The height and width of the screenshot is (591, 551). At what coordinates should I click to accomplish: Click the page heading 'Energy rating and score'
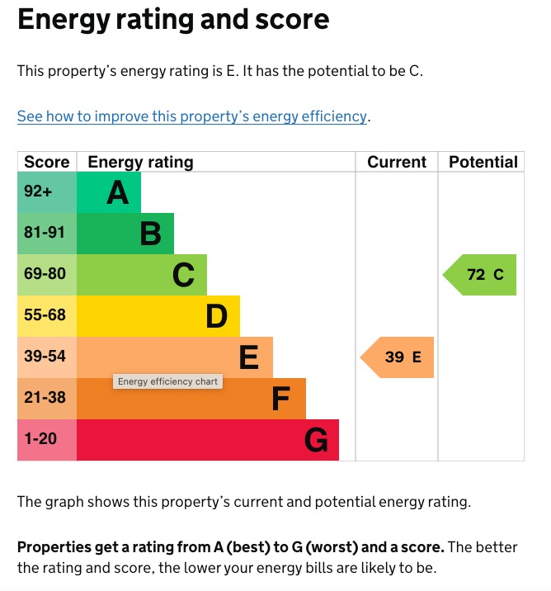click(173, 20)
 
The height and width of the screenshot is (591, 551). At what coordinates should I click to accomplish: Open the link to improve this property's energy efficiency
click(191, 116)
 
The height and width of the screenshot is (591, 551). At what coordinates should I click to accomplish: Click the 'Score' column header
click(47, 162)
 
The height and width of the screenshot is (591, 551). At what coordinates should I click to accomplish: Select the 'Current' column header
click(397, 162)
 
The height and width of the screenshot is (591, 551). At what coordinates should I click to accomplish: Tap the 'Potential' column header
click(483, 162)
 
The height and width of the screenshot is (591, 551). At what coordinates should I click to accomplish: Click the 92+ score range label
click(38, 191)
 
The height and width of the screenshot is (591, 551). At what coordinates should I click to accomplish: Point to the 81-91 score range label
click(44, 233)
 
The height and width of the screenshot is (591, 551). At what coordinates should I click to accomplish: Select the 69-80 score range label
click(45, 274)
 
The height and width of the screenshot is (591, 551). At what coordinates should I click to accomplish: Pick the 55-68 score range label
click(45, 315)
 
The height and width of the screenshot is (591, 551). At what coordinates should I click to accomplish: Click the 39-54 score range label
click(45, 357)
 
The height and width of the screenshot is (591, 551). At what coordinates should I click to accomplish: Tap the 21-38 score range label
click(45, 398)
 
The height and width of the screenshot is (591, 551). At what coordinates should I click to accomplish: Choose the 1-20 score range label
click(40, 439)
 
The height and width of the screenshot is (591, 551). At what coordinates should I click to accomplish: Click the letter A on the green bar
click(118, 193)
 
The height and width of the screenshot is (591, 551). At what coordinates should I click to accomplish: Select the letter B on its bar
click(150, 234)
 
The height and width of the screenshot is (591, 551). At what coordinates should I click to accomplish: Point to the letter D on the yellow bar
click(216, 316)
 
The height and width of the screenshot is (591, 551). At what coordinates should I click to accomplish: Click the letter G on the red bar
click(316, 441)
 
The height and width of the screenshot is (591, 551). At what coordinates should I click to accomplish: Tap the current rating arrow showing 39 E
click(398, 357)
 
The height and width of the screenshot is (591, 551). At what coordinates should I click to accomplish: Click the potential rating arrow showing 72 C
click(481, 275)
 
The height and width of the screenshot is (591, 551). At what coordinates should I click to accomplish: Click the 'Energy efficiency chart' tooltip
click(167, 381)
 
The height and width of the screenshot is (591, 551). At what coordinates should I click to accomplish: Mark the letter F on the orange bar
click(281, 400)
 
